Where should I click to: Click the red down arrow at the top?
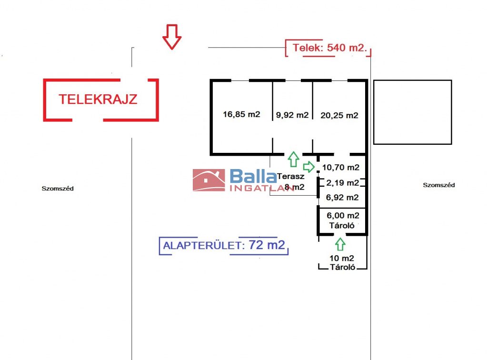coord(172,37)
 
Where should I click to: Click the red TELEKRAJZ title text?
coord(98,99)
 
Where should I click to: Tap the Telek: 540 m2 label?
coord(328,48)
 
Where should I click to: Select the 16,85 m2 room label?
coord(241,114)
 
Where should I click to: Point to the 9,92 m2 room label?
coord(292,115)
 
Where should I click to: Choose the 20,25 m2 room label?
coord(339,115)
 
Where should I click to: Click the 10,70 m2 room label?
coord(340,167)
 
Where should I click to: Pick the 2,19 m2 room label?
coord(342,183)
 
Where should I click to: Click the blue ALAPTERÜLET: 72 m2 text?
coord(224,246)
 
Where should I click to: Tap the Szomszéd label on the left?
coord(58,189)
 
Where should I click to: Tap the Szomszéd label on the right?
coord(438,185)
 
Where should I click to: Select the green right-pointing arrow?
coord(309,167)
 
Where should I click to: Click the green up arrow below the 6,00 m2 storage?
coord(339,244)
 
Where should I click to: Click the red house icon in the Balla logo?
coord(209,180)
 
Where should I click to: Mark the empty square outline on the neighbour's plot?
coord(412,112)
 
